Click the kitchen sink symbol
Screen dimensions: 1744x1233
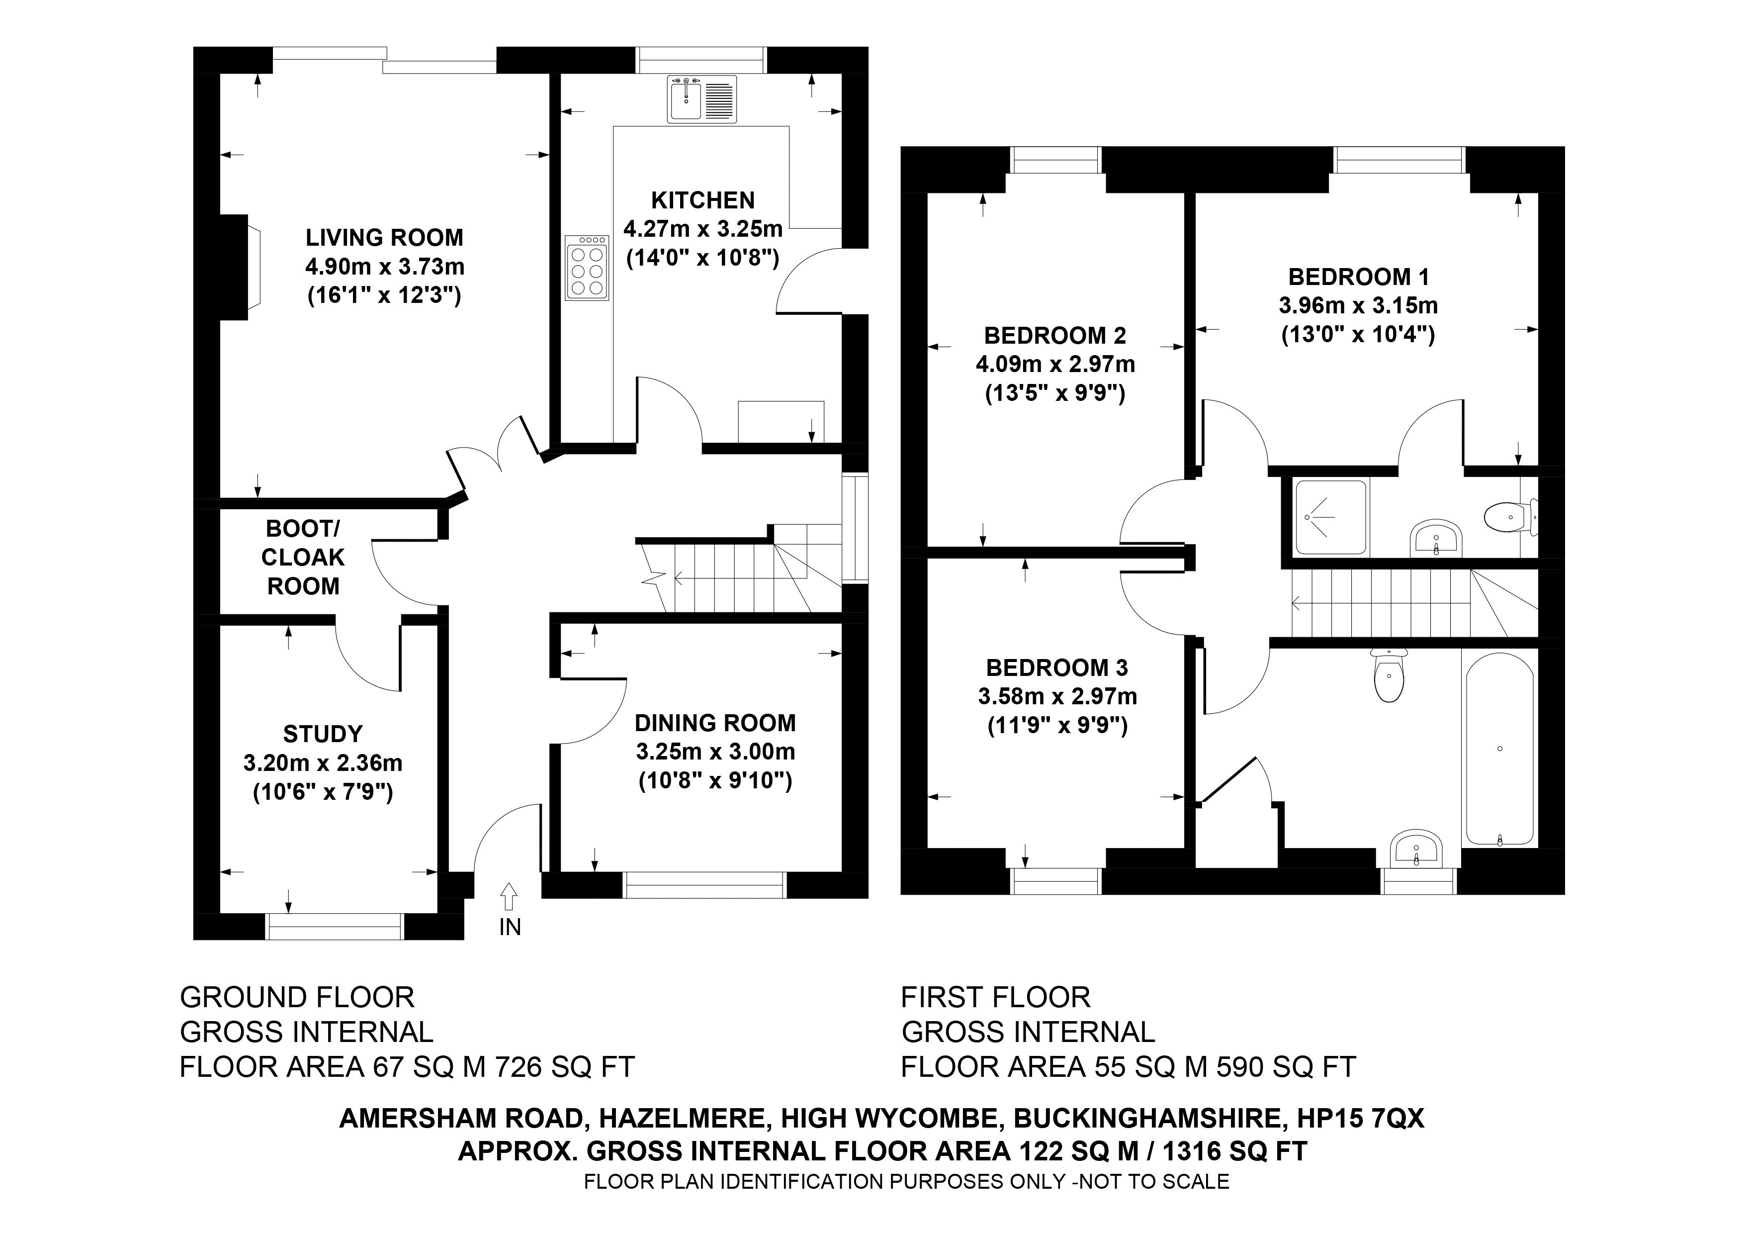click(x=702, y=99)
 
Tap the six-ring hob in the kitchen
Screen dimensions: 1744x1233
click(x=587, y=268)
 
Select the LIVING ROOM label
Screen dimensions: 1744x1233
click(x=384, y=238)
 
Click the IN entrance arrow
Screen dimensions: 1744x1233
click(x=509, y=896)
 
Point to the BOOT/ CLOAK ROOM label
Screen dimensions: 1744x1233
click(x=303, y=558)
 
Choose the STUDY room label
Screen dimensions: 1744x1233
click(x=323, y=734)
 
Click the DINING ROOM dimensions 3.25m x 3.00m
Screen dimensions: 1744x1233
click(x=715, y=752)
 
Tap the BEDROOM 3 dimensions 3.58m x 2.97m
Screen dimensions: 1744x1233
click(x=1057, y=697)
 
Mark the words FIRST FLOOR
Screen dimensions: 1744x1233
click(x=996, y=997)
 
